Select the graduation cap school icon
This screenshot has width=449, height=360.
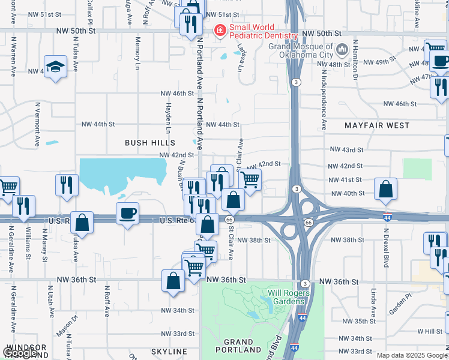tap(55, 68)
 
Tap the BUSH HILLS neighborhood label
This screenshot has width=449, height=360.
tap(150, 143)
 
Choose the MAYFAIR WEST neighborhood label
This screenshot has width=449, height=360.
tap(377, 126)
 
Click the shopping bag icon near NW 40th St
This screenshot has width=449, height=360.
tap(385, 189)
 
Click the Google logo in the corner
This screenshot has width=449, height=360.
tap(20, 353)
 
